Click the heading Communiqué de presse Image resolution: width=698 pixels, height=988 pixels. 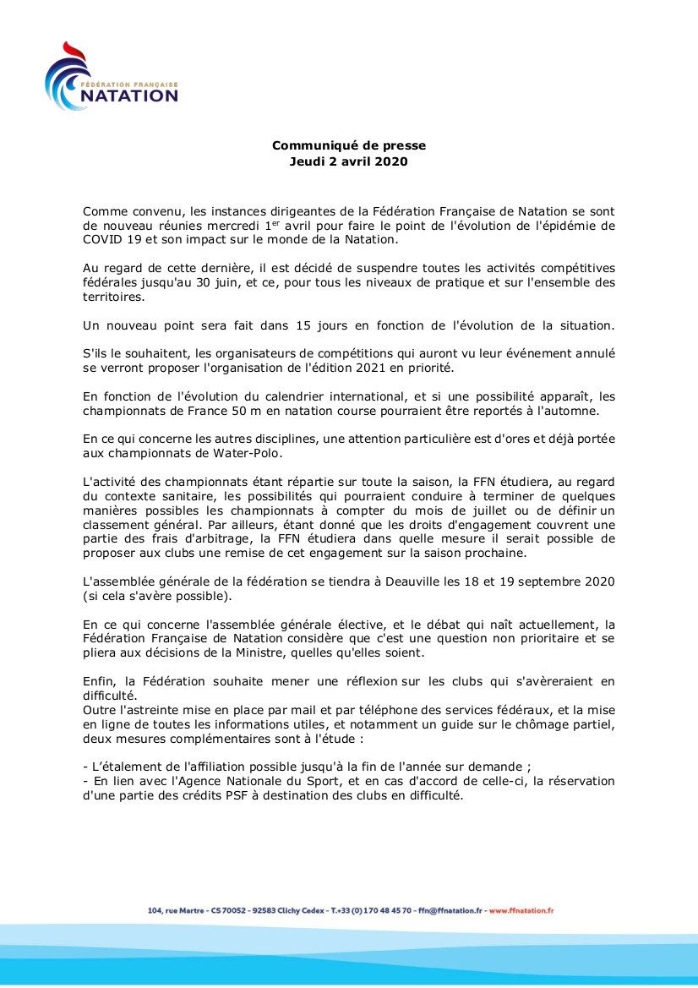click(x=348, y=146)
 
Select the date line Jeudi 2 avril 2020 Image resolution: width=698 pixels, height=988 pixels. click(x=348, y=161)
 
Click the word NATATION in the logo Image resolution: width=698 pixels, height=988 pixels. click(x=128, y=96)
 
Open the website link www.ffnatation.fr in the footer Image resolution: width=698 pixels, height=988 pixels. click(x=521, y=910)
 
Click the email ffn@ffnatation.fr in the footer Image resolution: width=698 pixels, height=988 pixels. click(x=451, y=910)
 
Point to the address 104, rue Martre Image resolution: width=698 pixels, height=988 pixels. click(x=176, y=910)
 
